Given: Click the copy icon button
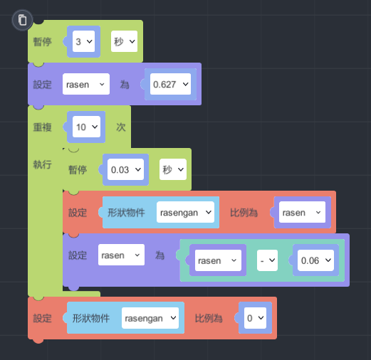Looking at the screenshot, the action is pyautogui.click(x=22, y=20).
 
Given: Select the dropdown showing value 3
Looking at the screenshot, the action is pyautogui.click(x=83, y=41).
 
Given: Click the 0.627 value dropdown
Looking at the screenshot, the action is pyautogui.click(x=170, y=84).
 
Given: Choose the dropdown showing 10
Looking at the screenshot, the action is pyautogui.click(x=86, y=127).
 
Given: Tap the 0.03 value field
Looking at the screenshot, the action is pyautogui.click(x=125, y=169).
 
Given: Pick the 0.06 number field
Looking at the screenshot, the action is pyautogui.click(x=315, y=260).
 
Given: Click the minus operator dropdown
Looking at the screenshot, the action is pyautogui.click(x=267, y=260).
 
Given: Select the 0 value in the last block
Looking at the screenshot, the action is pyautogui.click(x=255, y=318).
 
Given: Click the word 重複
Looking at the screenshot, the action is pyautogui.click(x=42, y=127).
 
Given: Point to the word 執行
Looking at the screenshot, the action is pyautogui.click(x=42, y=164).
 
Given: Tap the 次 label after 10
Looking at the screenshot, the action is pyautogui.click(x=121, y=127).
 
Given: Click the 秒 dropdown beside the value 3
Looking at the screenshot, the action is pyautogui.click(x=124, y=41).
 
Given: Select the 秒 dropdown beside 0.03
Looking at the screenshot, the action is pyautogui.click(x=173, y=169).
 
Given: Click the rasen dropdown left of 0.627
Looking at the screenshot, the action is pyautogui.click(x=86, y=84).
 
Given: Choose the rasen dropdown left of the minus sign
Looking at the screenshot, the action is pyautogui.click(x=218, y=260).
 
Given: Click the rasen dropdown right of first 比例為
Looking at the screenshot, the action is pyautogui.click(x=302, y=212).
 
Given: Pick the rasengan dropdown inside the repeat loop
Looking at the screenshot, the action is pyautogui.click(x=185, y=212).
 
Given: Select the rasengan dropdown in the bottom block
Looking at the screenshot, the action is pyautogui.click(x=150, y=318).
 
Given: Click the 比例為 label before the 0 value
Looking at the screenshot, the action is pyautogui.click(x=209, y=318).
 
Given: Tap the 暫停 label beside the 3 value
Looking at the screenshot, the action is pyautogui.click(x=42, y=42).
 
